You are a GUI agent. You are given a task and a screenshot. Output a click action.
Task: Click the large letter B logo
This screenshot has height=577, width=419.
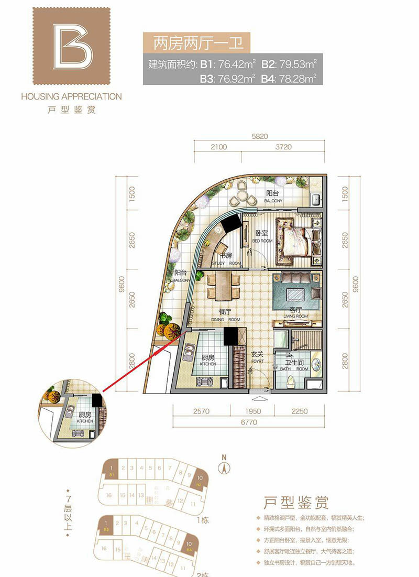(72, 46)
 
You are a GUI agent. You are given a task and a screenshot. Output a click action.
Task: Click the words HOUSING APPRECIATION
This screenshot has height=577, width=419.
(71, 97)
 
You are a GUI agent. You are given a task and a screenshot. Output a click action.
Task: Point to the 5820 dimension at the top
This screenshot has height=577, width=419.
(260, 137)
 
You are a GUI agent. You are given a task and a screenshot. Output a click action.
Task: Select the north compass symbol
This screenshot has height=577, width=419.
(224, 466)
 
